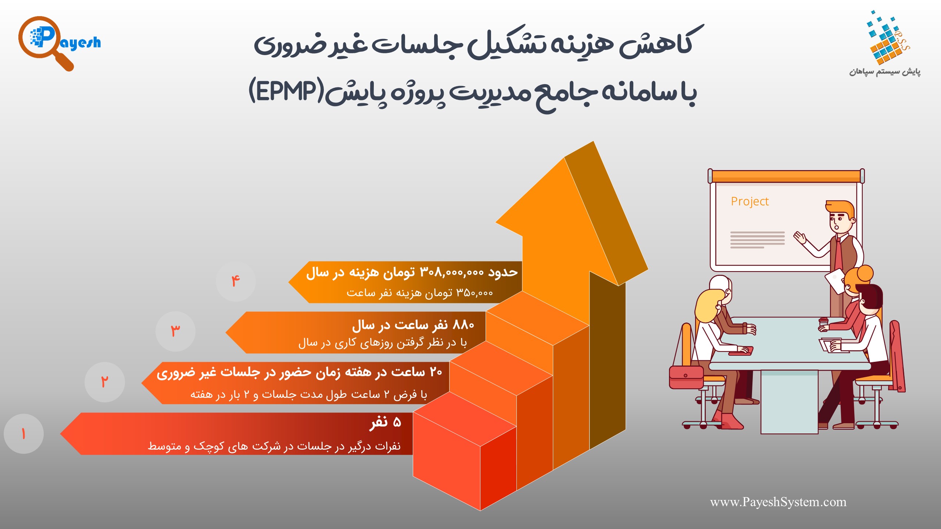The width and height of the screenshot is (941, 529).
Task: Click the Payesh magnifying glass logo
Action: click(x=59, y=43)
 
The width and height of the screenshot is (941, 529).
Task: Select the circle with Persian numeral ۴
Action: click(x=236, y=281)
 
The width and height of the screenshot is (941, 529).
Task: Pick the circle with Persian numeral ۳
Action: click(x=175, y=331)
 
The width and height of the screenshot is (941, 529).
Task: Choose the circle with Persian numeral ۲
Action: click(x=104, y=382)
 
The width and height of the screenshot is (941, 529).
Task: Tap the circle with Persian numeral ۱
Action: click(x=24, y=434)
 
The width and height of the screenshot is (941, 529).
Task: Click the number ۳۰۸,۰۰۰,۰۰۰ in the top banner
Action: click(x=452, y=273)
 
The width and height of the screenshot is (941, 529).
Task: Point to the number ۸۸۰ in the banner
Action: click(x=464, y=325)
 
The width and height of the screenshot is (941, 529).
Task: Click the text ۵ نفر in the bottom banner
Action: click(x=385, y=422)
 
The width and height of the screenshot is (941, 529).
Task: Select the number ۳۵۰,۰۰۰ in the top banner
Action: click(x=475, y=293)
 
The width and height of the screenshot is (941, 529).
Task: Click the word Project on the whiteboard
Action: click(x=749, y=202)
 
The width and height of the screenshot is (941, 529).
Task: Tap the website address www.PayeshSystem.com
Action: click(x=778, y=502)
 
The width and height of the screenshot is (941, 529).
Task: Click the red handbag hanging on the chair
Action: click(x=686, y=377)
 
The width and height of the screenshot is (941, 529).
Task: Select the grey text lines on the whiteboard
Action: click(x=757, y=240)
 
